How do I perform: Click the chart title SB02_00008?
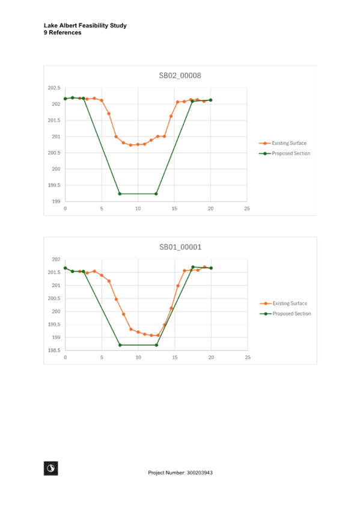[180, 75]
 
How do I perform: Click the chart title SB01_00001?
[180, 247]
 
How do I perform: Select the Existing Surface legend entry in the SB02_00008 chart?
[282, 143]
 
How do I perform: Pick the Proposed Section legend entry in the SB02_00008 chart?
[285, 153]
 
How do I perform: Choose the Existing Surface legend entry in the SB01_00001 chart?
[283, 304]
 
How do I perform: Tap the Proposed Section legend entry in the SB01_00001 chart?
[285, 314]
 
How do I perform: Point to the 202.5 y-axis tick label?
[54, 88]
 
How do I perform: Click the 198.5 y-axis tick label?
[54, 350]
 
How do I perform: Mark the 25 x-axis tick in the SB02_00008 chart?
[247, 209]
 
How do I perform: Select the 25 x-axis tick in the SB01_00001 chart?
[248, 357]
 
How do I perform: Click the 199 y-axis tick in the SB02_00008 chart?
[56, 201]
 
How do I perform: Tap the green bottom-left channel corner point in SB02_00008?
[120, 194]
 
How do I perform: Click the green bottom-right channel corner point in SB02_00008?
[156, 194]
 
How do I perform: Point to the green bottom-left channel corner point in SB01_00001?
[120, 345]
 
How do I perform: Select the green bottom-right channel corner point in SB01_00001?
[157, 345]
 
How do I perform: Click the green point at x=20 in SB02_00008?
[210, 100]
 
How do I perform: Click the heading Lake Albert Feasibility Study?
[85, 25]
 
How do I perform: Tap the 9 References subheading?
[63, 32]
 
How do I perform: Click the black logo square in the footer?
[51, 469]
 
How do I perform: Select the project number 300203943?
[200, 473]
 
